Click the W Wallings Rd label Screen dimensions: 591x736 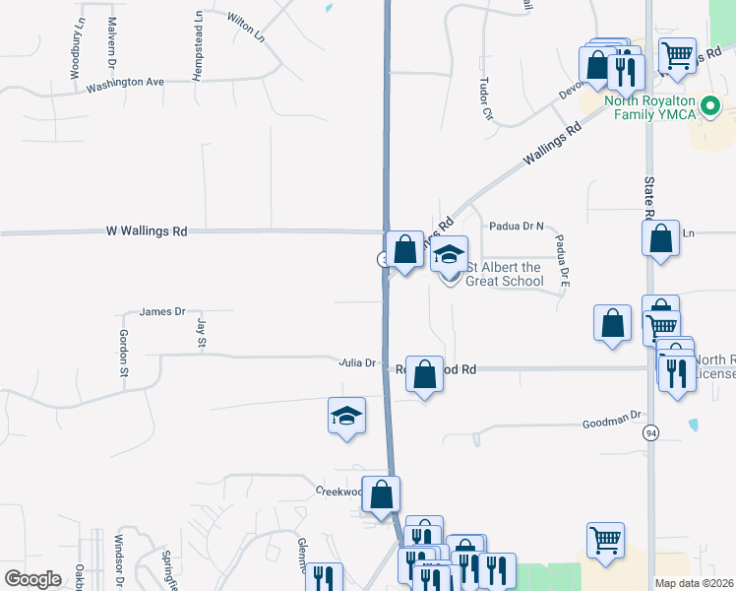point(147,231)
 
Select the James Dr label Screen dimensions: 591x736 point(162,311)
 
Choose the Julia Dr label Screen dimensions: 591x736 point(357,362)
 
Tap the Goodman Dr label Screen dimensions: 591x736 point(611,417)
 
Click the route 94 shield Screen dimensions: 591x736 point(650,433)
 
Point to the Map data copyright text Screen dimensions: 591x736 point(695,583)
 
